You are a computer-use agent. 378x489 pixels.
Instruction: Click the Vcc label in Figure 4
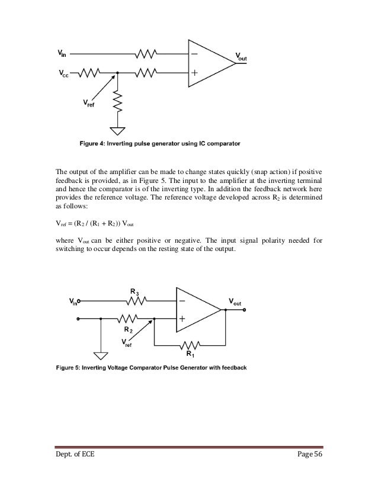click(63, 75)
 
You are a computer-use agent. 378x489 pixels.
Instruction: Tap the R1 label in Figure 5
click(190, 354)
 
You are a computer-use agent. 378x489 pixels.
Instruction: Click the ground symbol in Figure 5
click(101, 355)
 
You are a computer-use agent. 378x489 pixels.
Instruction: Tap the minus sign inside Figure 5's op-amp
click(182, 301)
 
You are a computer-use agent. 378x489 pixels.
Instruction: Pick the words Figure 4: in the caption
click(97, 143)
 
